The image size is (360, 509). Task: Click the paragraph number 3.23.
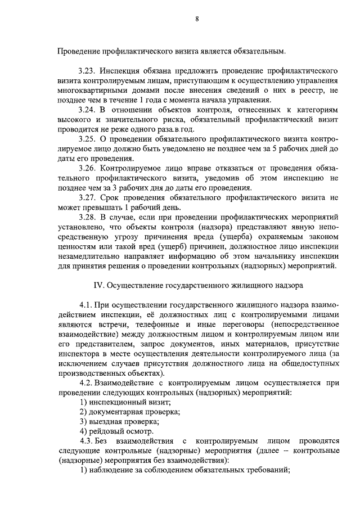(89, 71)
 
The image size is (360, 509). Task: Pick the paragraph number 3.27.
(89, 197)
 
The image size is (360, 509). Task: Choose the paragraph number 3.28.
(89, 216)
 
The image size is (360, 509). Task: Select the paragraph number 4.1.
(87, 304)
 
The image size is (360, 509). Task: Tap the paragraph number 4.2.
(87, 382)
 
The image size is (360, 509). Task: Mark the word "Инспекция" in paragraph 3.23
(120, 71)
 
